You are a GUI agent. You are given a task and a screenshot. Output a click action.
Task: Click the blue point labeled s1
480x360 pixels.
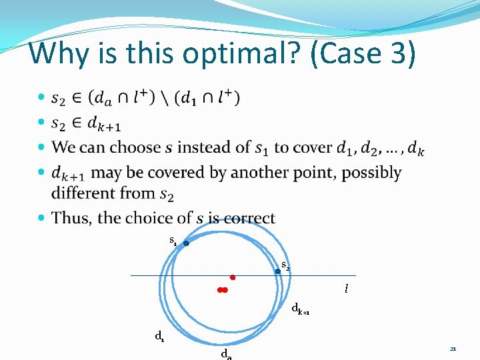187,243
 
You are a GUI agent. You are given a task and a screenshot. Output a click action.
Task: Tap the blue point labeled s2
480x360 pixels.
278,271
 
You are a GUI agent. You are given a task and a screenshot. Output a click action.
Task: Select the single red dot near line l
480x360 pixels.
233,277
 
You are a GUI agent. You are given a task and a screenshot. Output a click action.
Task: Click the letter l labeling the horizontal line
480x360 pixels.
346,289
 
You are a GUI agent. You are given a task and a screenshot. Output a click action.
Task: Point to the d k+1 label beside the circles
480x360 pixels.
301,309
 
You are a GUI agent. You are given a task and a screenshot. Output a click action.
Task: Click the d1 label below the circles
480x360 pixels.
160,337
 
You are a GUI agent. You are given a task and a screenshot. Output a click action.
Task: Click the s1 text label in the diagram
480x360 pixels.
173,240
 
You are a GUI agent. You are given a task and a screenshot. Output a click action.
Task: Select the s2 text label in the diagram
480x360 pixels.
285,265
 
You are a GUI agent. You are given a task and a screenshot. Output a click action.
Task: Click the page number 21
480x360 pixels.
453,349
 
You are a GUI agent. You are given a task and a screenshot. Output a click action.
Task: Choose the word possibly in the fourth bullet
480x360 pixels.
369,173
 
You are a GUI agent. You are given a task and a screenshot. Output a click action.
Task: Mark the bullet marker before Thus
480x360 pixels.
42,218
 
